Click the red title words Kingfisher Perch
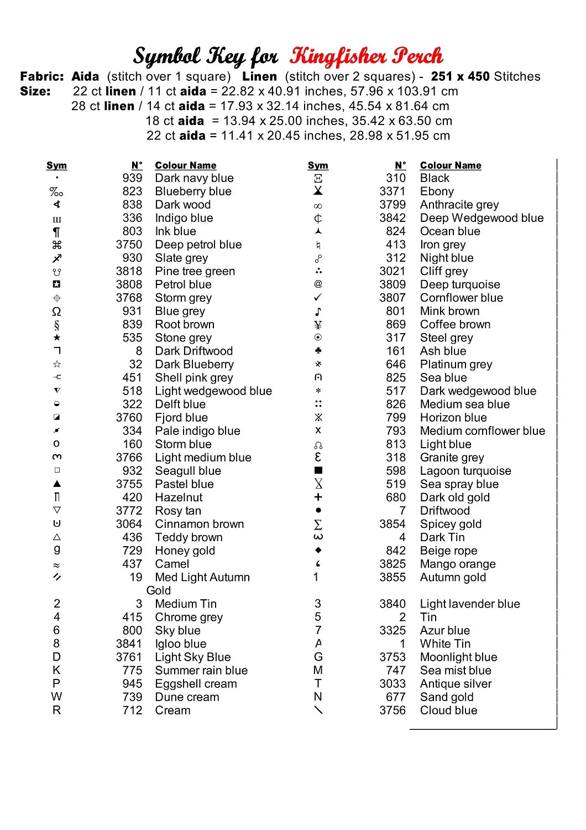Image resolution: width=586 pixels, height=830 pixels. [366, 56]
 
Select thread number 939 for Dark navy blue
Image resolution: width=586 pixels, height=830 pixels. [132, 178]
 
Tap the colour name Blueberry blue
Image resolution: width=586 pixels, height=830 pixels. [193, 191]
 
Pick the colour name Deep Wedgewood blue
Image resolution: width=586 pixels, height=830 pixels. [482, 218]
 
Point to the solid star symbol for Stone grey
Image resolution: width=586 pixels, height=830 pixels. [57, 338]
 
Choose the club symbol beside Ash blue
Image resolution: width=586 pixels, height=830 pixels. [318, 351]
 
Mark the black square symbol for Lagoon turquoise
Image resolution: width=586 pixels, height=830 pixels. [318, 470]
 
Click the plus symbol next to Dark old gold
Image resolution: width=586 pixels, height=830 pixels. [318, 497]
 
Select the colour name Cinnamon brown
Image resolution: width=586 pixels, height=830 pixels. [199, 524]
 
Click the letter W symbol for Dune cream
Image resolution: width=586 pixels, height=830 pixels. [57, 697]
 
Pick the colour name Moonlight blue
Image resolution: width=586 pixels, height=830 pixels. [458, 657]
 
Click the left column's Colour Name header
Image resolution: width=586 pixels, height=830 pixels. [185, 165]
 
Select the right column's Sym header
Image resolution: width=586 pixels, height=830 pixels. [318, 165]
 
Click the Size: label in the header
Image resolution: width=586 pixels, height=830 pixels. [35, 91]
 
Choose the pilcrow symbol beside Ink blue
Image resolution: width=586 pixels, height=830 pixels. [57, 232]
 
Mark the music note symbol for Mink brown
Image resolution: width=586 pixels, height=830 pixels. [318, 312]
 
